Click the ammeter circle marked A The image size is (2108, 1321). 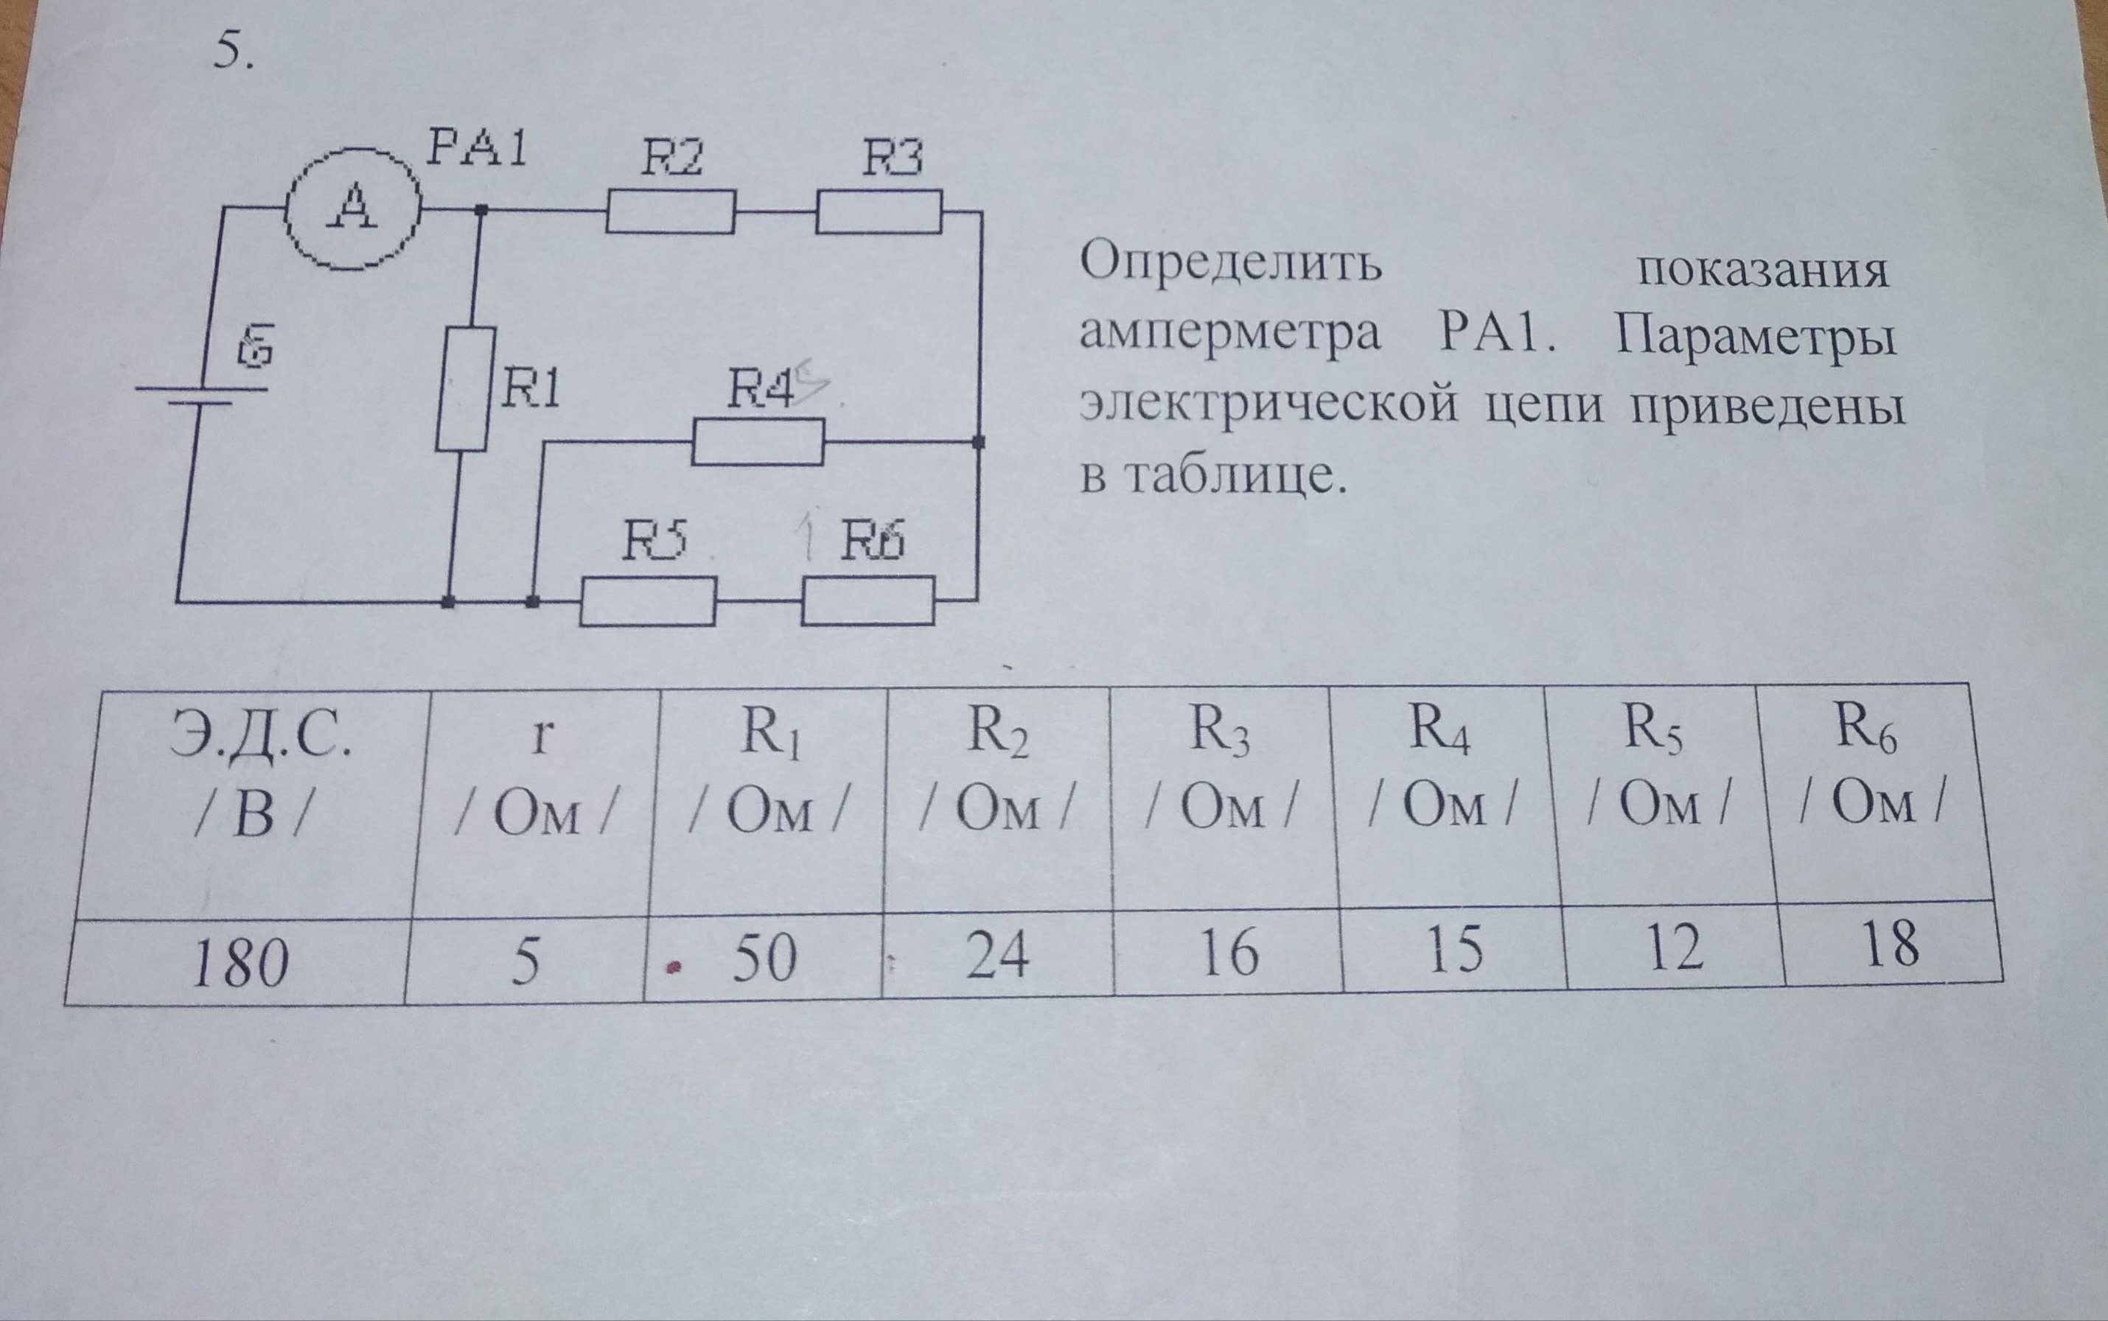[354, 209]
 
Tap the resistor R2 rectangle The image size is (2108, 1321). [670, 212]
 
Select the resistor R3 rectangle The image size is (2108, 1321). [879, 212]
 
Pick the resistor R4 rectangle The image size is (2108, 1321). [758, 442]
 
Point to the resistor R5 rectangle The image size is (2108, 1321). [648, 601]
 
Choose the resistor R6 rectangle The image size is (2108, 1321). [868, 601]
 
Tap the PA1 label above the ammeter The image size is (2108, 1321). [476, 150]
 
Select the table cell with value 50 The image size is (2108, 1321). [763, 957]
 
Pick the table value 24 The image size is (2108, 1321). [998, 954]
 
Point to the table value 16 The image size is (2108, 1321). [1228, 951]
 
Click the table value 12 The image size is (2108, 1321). [1675, 947]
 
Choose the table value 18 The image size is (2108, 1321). [1891, 943]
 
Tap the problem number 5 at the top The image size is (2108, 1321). [234, 55]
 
